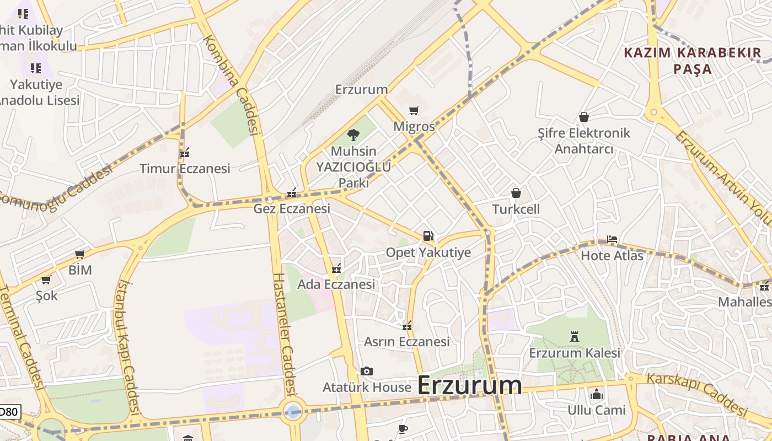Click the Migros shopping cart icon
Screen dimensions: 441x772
coord(414,110)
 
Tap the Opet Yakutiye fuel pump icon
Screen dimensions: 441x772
coord(428,236)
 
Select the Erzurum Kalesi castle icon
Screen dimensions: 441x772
coord(575,336)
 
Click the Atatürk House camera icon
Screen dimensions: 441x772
coord(366,372)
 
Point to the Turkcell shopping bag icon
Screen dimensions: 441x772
coord(516,193)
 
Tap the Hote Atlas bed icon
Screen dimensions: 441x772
coord(612,239)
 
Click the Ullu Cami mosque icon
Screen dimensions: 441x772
coord(596,394)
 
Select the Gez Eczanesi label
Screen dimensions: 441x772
coord(292,209)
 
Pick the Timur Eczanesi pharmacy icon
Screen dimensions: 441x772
coord(185,152)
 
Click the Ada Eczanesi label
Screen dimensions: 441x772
coord(336,284)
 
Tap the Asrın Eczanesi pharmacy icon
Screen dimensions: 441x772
coord(407,326)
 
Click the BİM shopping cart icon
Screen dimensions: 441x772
coord(79,255)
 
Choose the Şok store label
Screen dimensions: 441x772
coord(46,295)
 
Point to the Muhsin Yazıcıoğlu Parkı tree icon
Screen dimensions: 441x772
coord(353,135)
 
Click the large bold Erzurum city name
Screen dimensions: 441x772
coord(469,385)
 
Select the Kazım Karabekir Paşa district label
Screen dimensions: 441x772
coord(692,61)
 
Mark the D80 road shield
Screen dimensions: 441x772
coord(9,411)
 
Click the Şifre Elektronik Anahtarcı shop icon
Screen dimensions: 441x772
coord(584,117)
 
